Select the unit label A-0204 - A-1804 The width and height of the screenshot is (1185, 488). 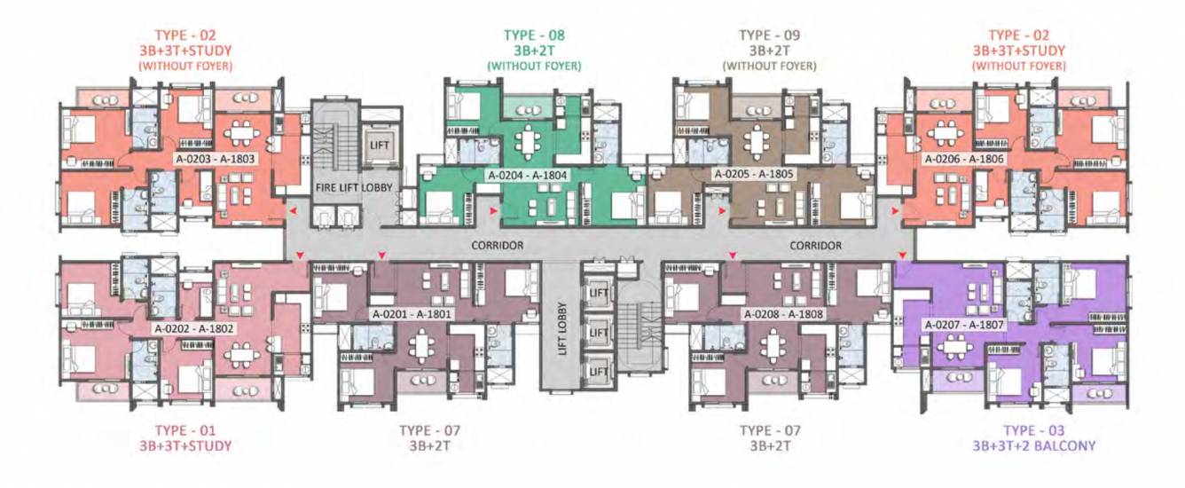[527, 176]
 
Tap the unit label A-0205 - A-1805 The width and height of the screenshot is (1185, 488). [754, 176]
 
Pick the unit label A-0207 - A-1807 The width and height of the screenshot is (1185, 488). [964, 325]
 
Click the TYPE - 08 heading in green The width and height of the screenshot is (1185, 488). [534, 35]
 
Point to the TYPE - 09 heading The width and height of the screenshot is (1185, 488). [769, 35]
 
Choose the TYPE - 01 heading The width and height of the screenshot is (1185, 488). [185, 430]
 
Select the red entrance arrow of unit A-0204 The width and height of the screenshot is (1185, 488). [494, 212]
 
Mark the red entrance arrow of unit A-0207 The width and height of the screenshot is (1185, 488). [902, 256]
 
